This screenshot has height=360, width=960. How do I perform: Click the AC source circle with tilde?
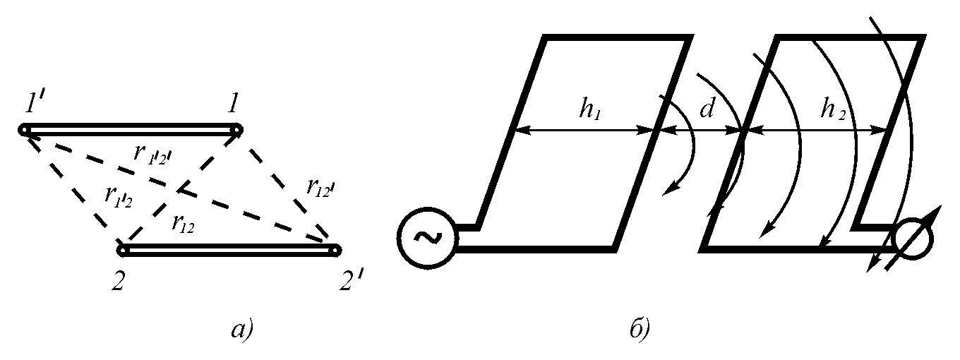(426, 238)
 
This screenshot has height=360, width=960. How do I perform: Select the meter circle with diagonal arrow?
(912, 238)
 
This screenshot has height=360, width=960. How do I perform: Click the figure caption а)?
(240, 330)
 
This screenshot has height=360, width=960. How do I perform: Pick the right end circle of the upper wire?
(238, 130)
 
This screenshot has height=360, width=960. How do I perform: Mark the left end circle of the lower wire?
(123, 250)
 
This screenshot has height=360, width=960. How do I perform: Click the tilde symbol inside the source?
(426, 238)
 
